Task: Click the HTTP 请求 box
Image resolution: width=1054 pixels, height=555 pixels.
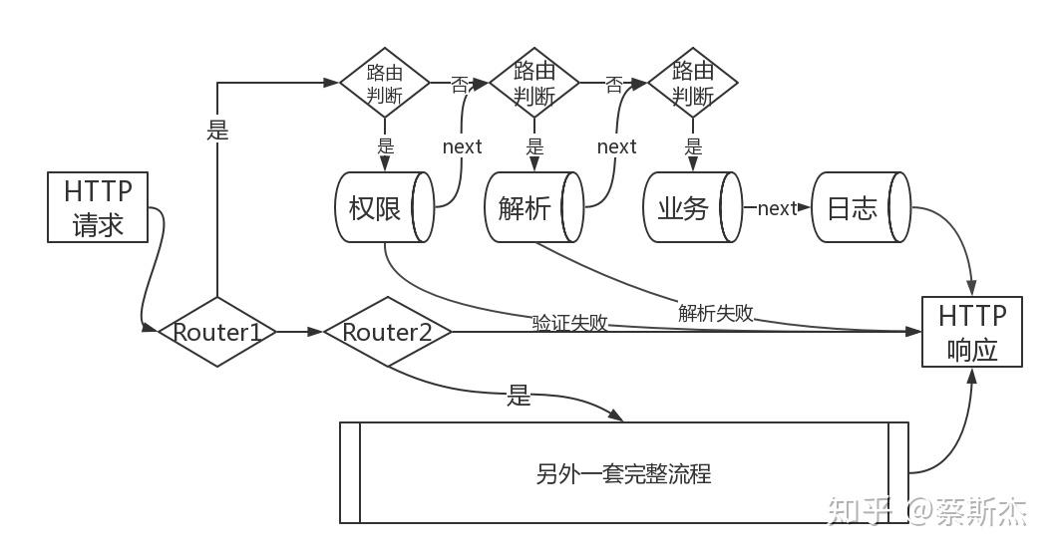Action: coord(98,207)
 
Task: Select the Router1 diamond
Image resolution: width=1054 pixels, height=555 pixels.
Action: coord(217,332)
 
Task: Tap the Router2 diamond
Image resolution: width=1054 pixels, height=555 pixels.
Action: coord(387,332)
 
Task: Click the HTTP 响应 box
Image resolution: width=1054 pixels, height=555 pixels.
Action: coord(971,332)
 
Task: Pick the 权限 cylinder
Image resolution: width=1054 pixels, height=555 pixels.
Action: coord(383,207)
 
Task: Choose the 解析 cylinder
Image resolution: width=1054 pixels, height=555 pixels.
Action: coord(532,207)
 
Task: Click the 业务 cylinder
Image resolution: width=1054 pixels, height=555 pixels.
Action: coord(691,207)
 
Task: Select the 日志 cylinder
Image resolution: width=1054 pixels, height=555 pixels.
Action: coord(860,207)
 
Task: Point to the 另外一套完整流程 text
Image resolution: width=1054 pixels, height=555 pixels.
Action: coord(623,473)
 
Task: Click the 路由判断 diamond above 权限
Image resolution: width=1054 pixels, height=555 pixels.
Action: coord(385,83)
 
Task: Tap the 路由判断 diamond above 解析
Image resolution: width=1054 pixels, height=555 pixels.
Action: coord(533,83)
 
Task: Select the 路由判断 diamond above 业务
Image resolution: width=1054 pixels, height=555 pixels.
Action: coord(692,83)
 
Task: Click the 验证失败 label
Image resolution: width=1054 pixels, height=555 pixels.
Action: coord(569,323)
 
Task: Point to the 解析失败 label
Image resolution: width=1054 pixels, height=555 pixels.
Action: coord(715,313)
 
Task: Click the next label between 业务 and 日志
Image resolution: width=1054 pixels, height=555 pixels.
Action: coord(777,208)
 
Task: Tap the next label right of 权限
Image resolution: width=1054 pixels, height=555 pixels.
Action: coord(462,146)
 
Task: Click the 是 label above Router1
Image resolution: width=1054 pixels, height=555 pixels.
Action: coord(217,131)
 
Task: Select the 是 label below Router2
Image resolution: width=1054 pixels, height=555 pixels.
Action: coord(519,397)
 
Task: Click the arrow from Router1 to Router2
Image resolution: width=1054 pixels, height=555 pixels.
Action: coord(299,332)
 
